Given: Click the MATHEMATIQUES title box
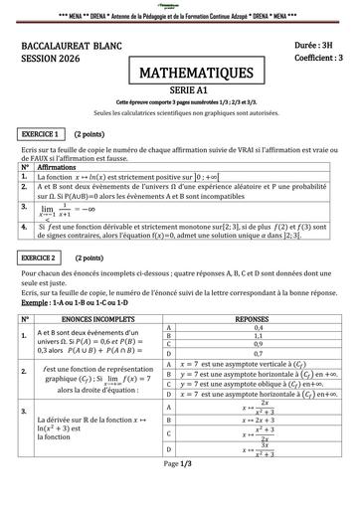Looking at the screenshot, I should pyautogui.click(x=181, y=73).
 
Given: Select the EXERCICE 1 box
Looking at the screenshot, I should pyautogui.click(x=43, y=132).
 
